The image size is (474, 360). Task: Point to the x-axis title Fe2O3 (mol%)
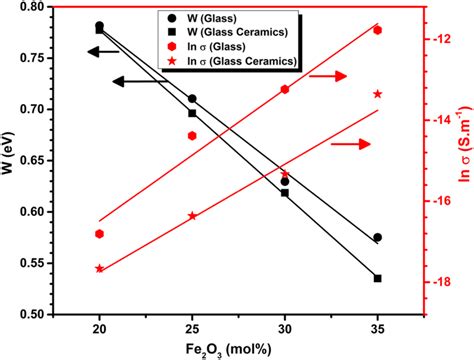click(238, 347)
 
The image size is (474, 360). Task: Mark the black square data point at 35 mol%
click(377, 278)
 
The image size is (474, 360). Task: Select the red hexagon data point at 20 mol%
click(99, 234)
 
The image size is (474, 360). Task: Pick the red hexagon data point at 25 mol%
click(192, 136)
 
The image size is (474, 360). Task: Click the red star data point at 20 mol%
click(99, 269)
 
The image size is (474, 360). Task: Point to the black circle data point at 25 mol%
click(192, 99)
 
